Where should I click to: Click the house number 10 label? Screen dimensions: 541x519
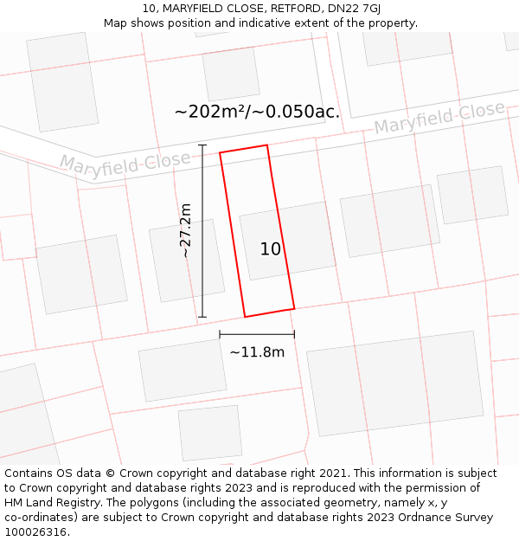tap(271, 249)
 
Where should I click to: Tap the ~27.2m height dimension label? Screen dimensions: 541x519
tap(185, 230)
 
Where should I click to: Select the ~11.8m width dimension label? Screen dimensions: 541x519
tap(257, 352)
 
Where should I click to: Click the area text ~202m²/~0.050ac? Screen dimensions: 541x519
tap(257, 112)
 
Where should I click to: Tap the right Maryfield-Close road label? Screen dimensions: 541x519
tap(439, 118)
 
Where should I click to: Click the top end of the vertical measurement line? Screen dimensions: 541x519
tap(202, 145)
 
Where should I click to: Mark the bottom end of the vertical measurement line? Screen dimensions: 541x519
tap(202, 317)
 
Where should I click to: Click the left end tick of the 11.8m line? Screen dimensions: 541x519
tap(220, 334)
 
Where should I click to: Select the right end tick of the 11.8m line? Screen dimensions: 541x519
tap(294, 334)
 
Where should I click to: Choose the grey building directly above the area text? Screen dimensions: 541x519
tap(231, 74)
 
